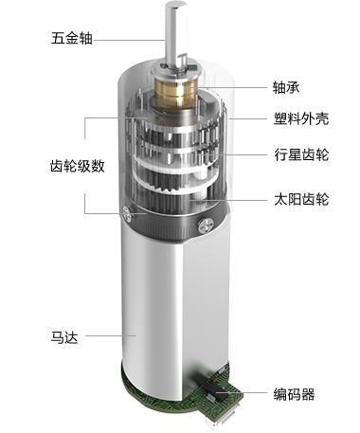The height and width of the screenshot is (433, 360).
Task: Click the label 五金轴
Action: click(72, 39)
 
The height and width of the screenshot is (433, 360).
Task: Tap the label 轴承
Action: click(286, 87)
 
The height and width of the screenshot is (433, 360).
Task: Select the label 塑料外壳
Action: click(301, 118)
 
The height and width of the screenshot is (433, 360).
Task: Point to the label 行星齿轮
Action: click(301, 154)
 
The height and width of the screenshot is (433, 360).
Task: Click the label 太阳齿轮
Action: click(301, 199)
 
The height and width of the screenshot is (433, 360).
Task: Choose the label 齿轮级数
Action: click(78, 166)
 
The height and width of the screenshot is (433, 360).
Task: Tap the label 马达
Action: click(64, 337)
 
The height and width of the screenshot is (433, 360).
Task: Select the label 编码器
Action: click(294, 394)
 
